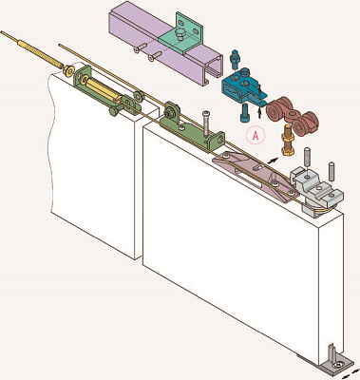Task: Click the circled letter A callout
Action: (256, 136)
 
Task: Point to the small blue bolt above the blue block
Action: (235, 59)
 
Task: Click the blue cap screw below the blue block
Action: (245, 113)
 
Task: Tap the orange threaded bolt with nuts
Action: (287, 141)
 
